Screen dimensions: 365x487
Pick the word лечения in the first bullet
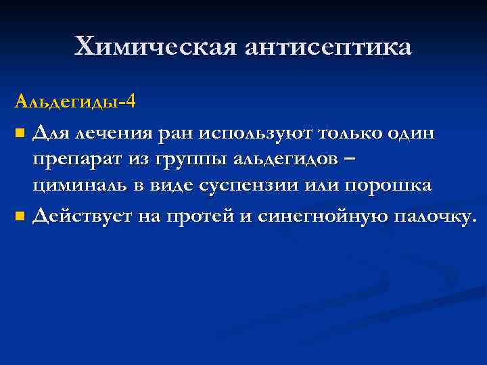[114, 134]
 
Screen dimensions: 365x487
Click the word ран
[175, 134]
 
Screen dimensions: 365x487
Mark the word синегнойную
[320, 217]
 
